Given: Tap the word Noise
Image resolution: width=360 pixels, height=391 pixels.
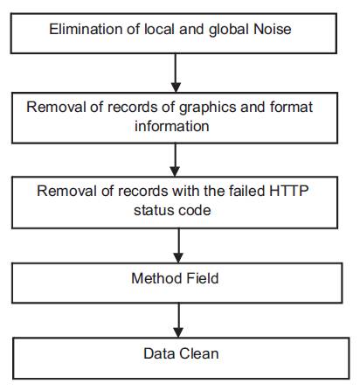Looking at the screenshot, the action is click(273, 29).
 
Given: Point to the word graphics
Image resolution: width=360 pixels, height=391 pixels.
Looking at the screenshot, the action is click(208, 108).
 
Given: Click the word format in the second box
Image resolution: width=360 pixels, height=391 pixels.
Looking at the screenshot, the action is click(291, 107).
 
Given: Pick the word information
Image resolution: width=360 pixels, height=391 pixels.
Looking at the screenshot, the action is click(172, 126).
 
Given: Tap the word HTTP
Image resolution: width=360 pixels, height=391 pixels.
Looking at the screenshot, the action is click(289, 191).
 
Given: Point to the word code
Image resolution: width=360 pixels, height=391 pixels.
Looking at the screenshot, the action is click(194, 210).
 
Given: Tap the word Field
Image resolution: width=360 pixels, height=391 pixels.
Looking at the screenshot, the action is click(203, 278).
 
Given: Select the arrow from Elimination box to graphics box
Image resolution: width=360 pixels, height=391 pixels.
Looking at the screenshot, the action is click(176, 73).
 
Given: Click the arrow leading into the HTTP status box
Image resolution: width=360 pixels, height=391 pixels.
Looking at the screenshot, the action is click(175, 160).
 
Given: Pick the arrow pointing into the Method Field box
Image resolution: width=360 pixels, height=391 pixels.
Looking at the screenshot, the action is click(178, 246).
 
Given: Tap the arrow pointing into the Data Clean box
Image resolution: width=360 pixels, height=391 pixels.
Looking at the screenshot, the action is click(178, 320).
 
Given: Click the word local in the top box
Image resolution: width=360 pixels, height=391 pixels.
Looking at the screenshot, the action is click(160, 29).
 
